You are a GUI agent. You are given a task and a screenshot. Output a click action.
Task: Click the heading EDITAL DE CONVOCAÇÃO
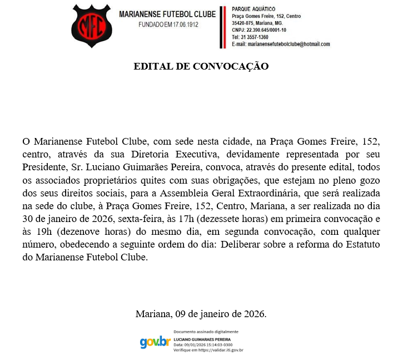point(201,66)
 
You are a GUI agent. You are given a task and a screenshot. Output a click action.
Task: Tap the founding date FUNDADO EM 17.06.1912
point(168,25)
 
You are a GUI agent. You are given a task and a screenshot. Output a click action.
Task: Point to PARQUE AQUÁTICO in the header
point(253,9)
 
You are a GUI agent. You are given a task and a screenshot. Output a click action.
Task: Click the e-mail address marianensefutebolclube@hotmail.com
point(289,45)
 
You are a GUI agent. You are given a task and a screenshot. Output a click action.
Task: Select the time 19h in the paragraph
point(46,233)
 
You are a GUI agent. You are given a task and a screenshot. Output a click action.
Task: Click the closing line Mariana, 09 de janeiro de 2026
point(201,314)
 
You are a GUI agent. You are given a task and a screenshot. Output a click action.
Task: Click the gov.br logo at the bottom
point(155,342)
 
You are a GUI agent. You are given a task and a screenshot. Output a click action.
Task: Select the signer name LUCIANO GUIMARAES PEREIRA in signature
point(202,339)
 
